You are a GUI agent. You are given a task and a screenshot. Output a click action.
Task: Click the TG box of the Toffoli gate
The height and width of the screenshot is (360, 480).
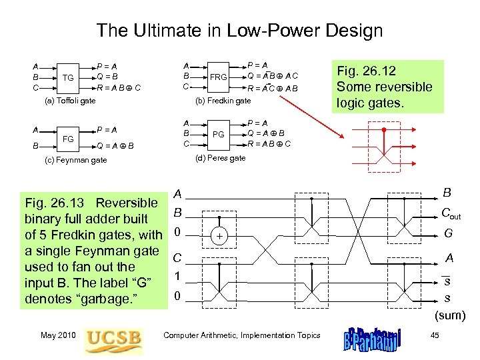pos(67,77)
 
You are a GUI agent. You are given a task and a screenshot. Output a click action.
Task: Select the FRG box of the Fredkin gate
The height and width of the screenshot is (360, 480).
pos(218,77)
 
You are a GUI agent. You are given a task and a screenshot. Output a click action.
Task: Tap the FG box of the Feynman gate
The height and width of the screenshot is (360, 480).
pos(67,138)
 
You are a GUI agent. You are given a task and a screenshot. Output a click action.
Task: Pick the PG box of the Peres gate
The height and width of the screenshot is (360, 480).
pos(218,134)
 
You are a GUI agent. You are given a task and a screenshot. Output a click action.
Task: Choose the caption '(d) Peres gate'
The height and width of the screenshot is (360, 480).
pos(219,158)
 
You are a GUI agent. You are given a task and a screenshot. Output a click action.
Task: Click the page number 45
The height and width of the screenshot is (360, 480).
pos(434,335)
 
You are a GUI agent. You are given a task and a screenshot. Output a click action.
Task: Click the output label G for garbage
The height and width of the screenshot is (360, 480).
pos(448,233)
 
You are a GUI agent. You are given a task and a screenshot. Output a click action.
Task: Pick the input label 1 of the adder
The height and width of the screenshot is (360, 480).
pos(177,276)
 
